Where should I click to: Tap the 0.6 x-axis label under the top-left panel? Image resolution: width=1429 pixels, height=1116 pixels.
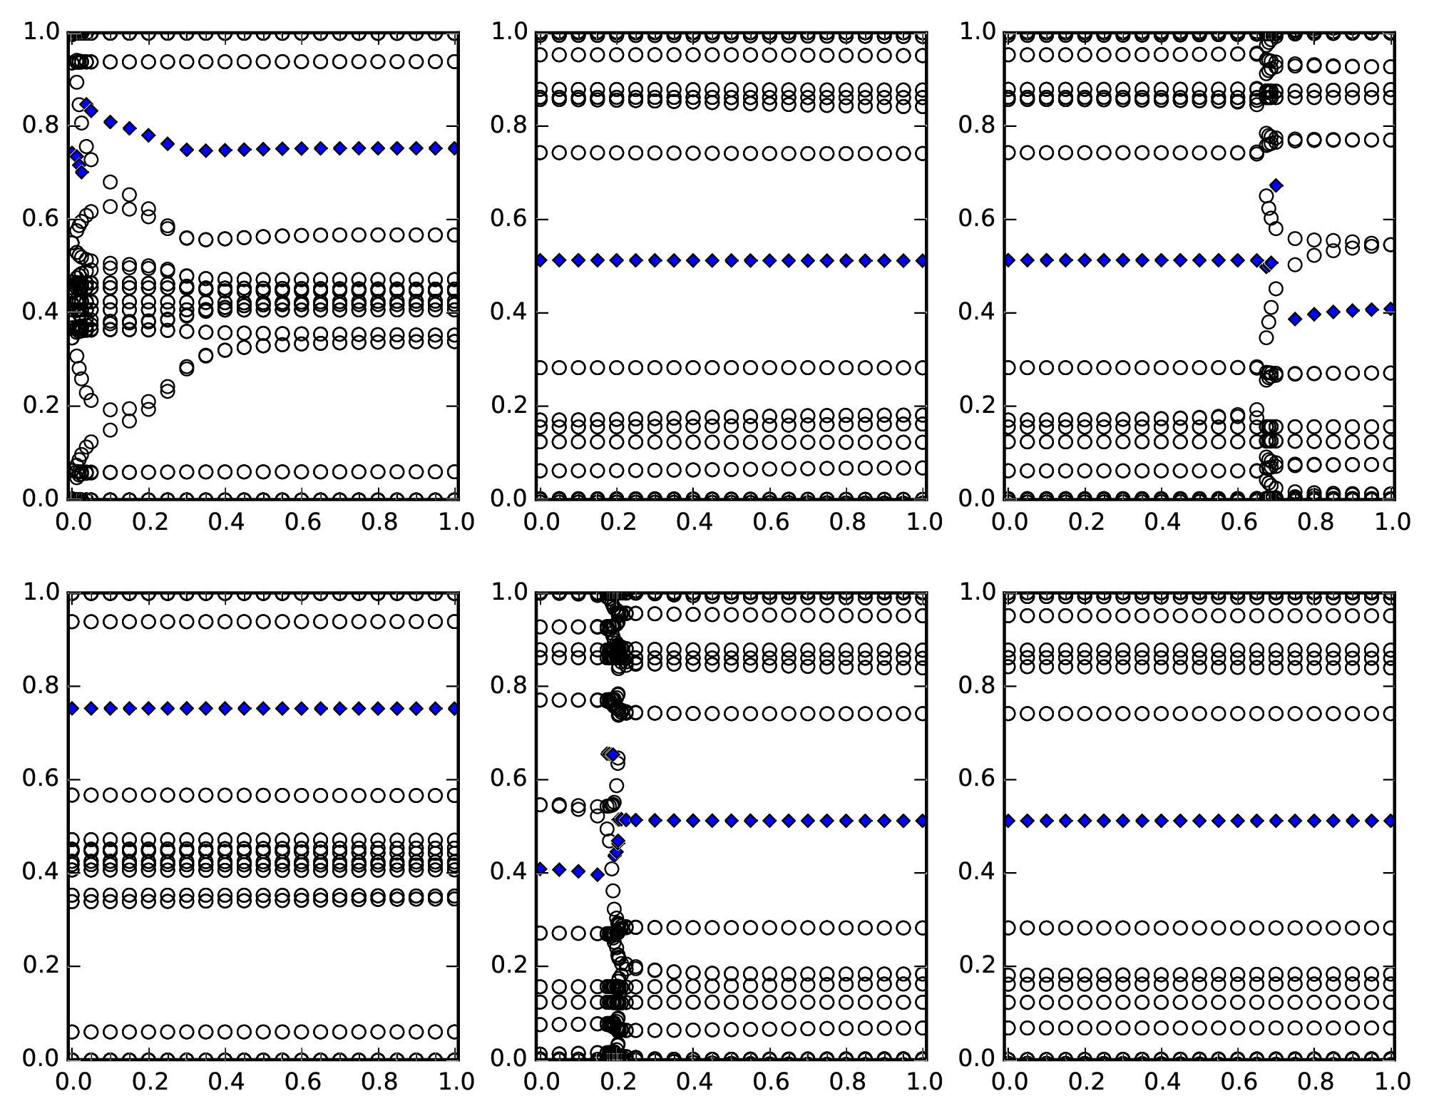coord(302,522)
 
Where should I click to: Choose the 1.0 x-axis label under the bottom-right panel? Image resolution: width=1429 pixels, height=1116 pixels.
coord(1393,1081)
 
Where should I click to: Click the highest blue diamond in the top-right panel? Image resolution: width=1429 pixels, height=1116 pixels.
coord(1276,185)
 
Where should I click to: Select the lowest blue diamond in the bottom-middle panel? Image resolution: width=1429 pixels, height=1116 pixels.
coord(598,875)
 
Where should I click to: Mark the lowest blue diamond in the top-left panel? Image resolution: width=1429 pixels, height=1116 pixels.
coord(81,172)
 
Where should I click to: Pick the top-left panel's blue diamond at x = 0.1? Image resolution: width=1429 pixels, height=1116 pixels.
coord(110,122)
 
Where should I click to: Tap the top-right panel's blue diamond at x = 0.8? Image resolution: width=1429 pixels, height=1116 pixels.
coord(1314,314)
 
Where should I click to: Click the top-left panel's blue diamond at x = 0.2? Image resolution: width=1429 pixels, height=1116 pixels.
coord(148,135)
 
